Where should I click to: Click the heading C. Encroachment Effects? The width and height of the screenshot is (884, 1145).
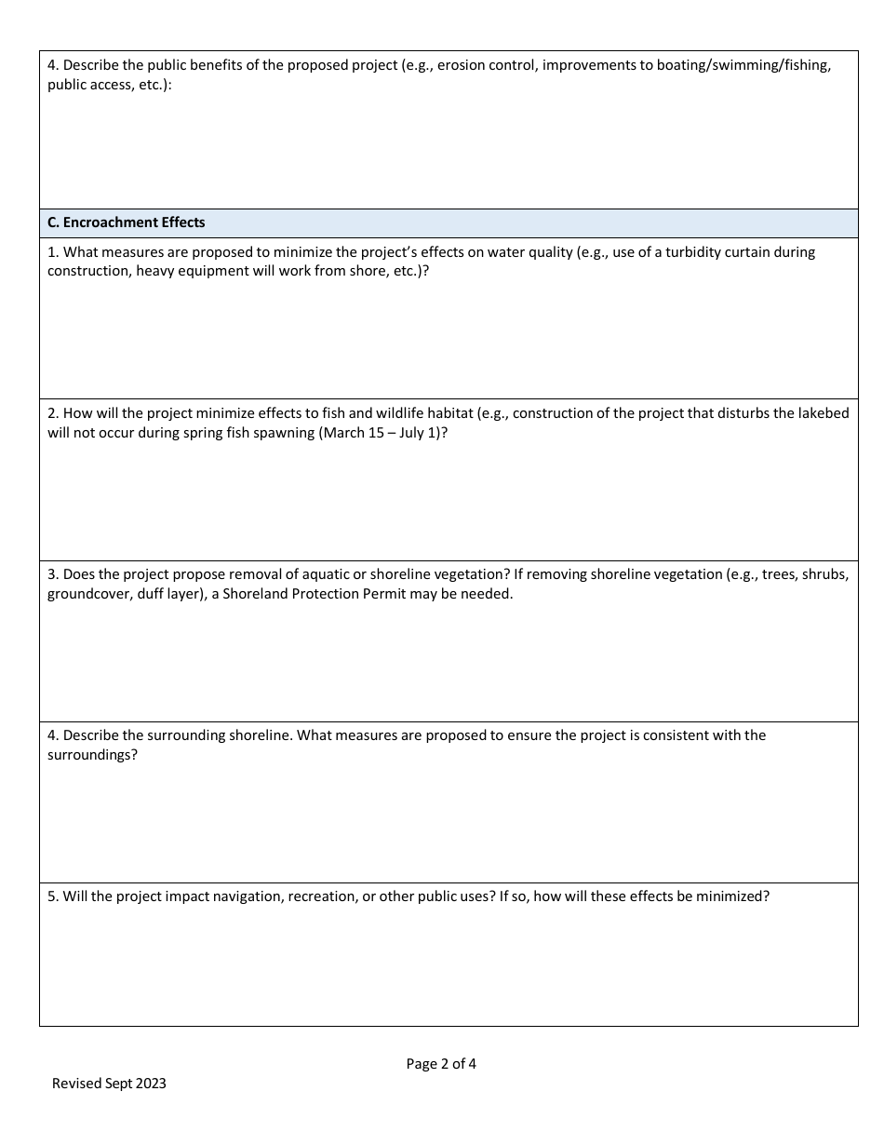pos(127,223)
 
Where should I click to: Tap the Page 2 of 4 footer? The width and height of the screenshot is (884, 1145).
pos(441,1064)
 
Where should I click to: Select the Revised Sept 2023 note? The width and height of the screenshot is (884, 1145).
pos(109,1084)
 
